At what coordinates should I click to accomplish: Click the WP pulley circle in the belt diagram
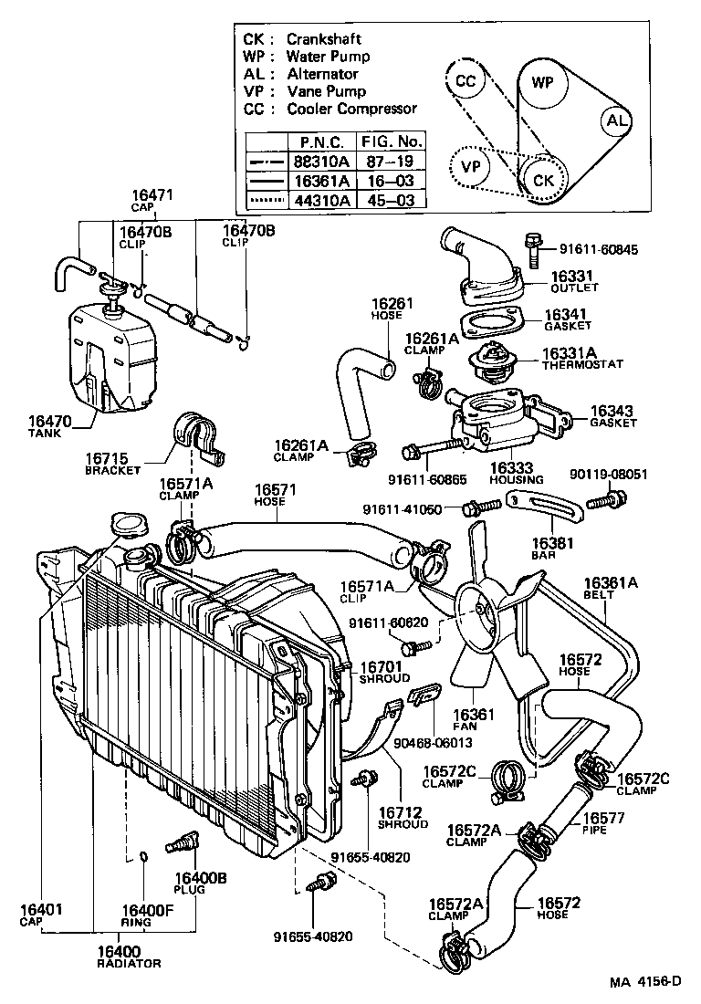click(542, 83)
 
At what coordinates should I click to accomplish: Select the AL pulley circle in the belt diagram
click(618, 121)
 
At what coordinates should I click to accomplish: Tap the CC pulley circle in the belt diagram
click(466, 81)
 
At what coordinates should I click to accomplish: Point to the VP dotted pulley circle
click(470, 167)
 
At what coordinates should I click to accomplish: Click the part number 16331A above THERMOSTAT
click(569, 352)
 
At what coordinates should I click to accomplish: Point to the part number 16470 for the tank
click(47, 421)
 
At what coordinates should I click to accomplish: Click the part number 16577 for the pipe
click(603, 818)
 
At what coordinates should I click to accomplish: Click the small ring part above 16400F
click(143, 856)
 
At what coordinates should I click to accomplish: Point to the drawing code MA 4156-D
click(645, 982)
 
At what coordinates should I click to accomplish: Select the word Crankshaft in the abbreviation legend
click(323, 39)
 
